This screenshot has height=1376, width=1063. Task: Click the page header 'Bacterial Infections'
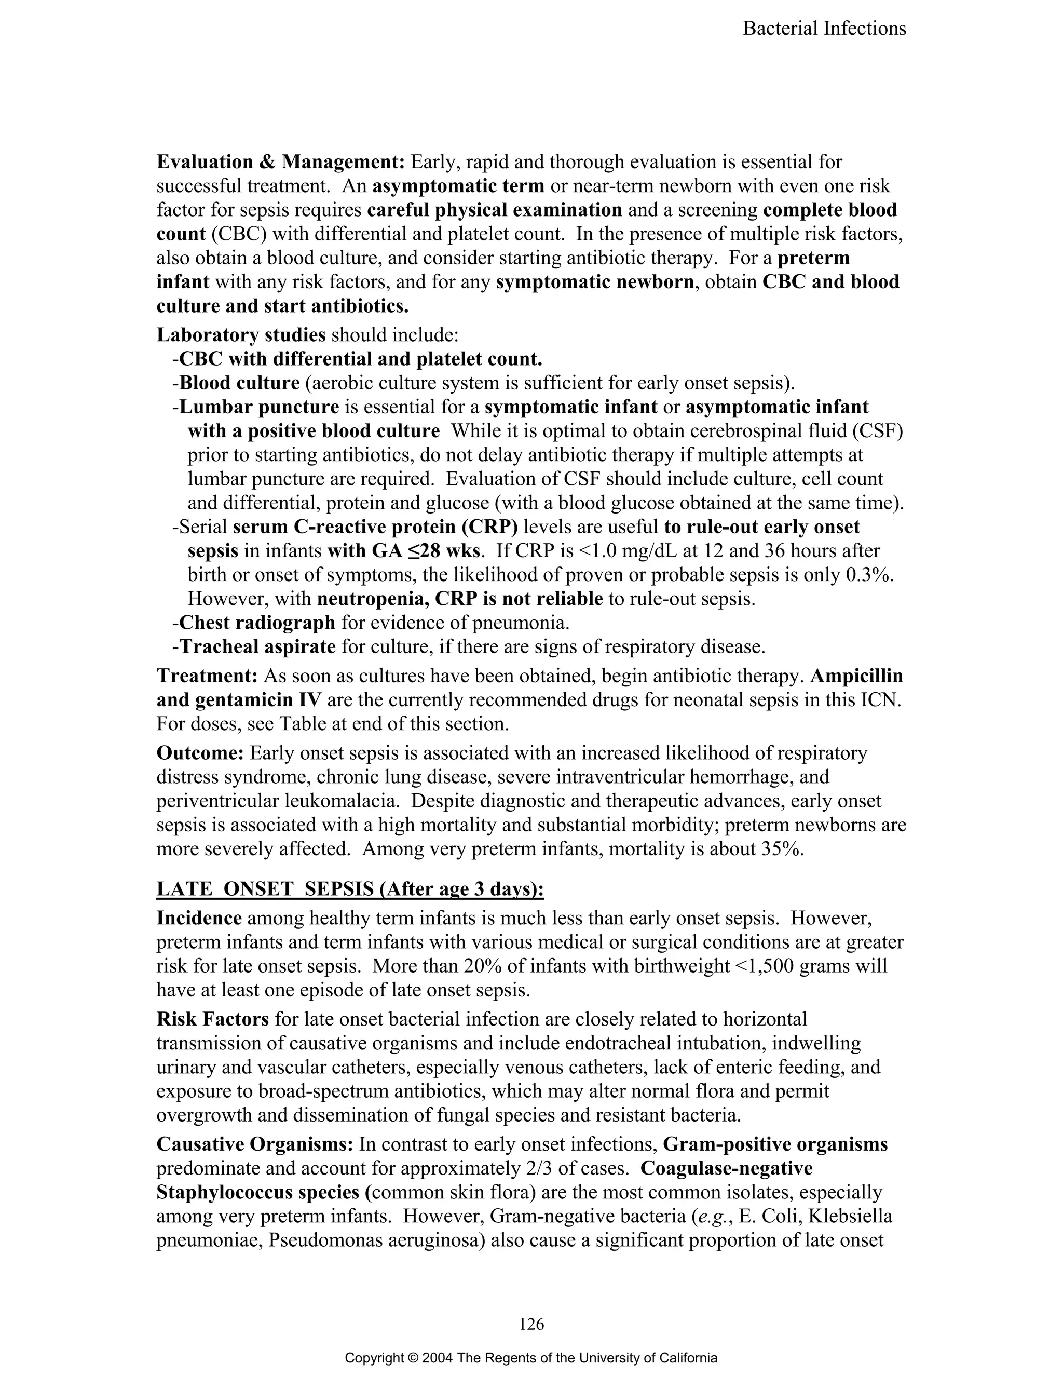[x=824, y=29]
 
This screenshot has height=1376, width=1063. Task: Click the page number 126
[x=531, y=1324]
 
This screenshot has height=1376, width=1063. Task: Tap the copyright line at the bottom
[x=531, y=1358]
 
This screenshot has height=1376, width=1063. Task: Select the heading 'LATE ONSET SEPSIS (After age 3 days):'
[x=350, y=889]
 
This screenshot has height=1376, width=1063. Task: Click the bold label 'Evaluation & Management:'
[x=281, y=162]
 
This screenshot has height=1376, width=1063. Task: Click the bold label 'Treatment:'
[x=207, y=676]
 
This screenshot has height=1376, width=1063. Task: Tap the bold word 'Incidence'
[x=199, y=918]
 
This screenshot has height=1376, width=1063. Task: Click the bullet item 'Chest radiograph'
[x=257, y=623]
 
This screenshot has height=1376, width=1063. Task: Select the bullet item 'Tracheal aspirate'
[x=257, y=647]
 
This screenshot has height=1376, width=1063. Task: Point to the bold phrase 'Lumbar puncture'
[x=259, y=407]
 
